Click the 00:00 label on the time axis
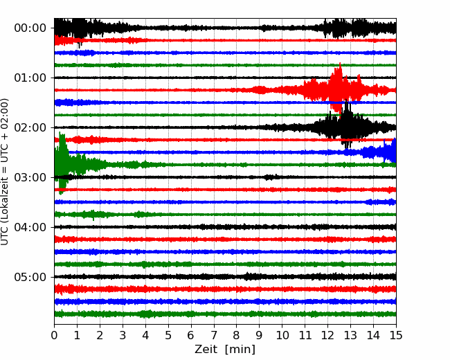coord(30,28)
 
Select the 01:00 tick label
coord(30,78)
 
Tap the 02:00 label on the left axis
coord(30,127)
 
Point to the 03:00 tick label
coord(30,177)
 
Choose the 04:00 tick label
coord(30,227)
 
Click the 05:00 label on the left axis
coord(30,277)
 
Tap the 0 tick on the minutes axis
coord(54,335)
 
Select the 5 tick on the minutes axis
coord(168,335)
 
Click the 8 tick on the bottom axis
coord(237,335)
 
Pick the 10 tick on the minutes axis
coord(282,335)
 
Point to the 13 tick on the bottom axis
coord(350,335)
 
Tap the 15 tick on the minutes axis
coord(396,335)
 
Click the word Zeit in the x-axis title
coord(206,350)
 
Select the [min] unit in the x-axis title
coord(240,350)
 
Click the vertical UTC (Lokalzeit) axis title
coord(4,172)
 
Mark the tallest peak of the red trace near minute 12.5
coord(340,65)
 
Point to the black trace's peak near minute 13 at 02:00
coord(347,102)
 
